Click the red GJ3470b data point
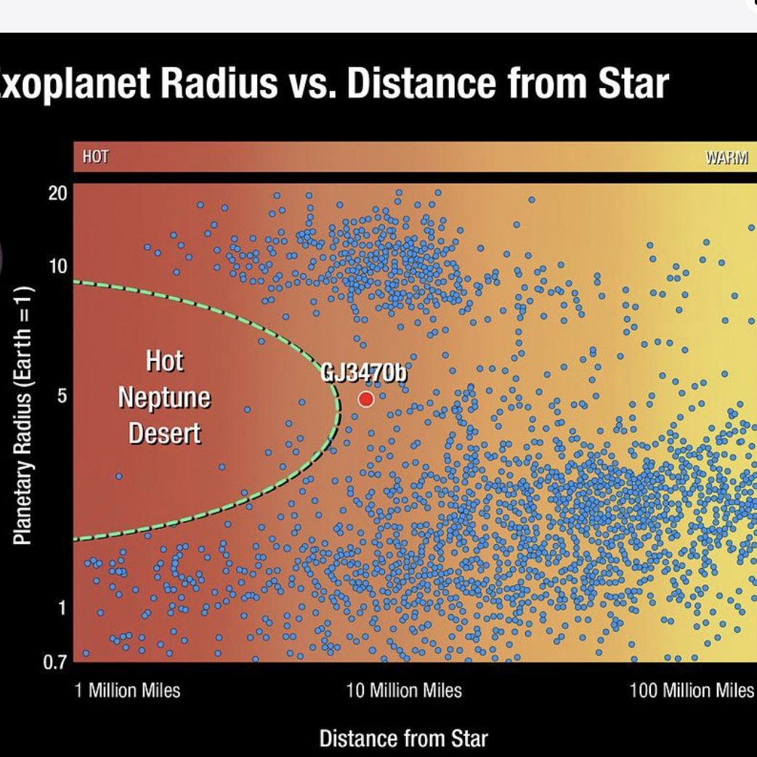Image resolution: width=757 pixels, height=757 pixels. (x=366, y=399)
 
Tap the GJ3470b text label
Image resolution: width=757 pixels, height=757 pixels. (x=364, y=374)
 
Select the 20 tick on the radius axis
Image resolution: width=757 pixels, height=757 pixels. (x=58, y=193)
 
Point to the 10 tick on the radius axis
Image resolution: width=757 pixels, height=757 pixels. (x=58, y=266)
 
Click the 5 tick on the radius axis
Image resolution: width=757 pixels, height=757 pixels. (x=62, y=397)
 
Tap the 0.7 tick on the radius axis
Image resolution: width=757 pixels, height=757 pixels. (x=57, y=662)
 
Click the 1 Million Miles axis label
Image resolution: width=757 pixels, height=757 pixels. (x=128, y=689)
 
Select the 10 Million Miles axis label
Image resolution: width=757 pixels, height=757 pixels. (x=404, y=689)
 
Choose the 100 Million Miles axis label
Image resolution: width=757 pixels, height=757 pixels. (x=692, y=689)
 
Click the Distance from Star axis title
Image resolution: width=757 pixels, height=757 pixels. (x=403, y=739)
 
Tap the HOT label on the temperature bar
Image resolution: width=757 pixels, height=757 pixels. (x=95, y=157)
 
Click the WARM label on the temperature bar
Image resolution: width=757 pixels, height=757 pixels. (x=726, y=158)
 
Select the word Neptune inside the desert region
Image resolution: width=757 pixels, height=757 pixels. (x=164, y=397)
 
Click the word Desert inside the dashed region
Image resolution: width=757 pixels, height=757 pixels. (x=164, y=433)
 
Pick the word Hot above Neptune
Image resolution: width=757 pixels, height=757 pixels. (x=164, y=361)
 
